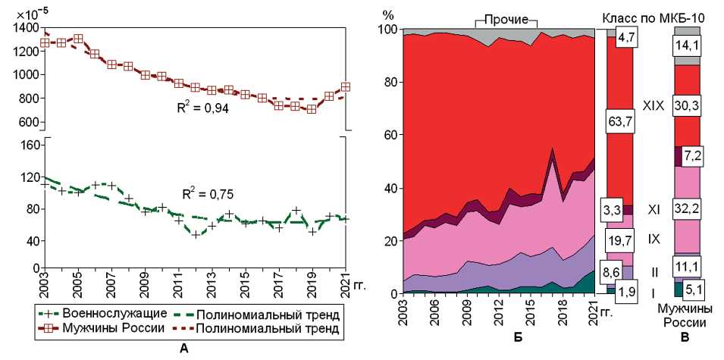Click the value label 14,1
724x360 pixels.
687,45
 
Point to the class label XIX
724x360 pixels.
653,107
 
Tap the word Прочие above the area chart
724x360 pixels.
506,17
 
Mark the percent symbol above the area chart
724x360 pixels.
388,14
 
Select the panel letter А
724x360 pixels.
180,348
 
